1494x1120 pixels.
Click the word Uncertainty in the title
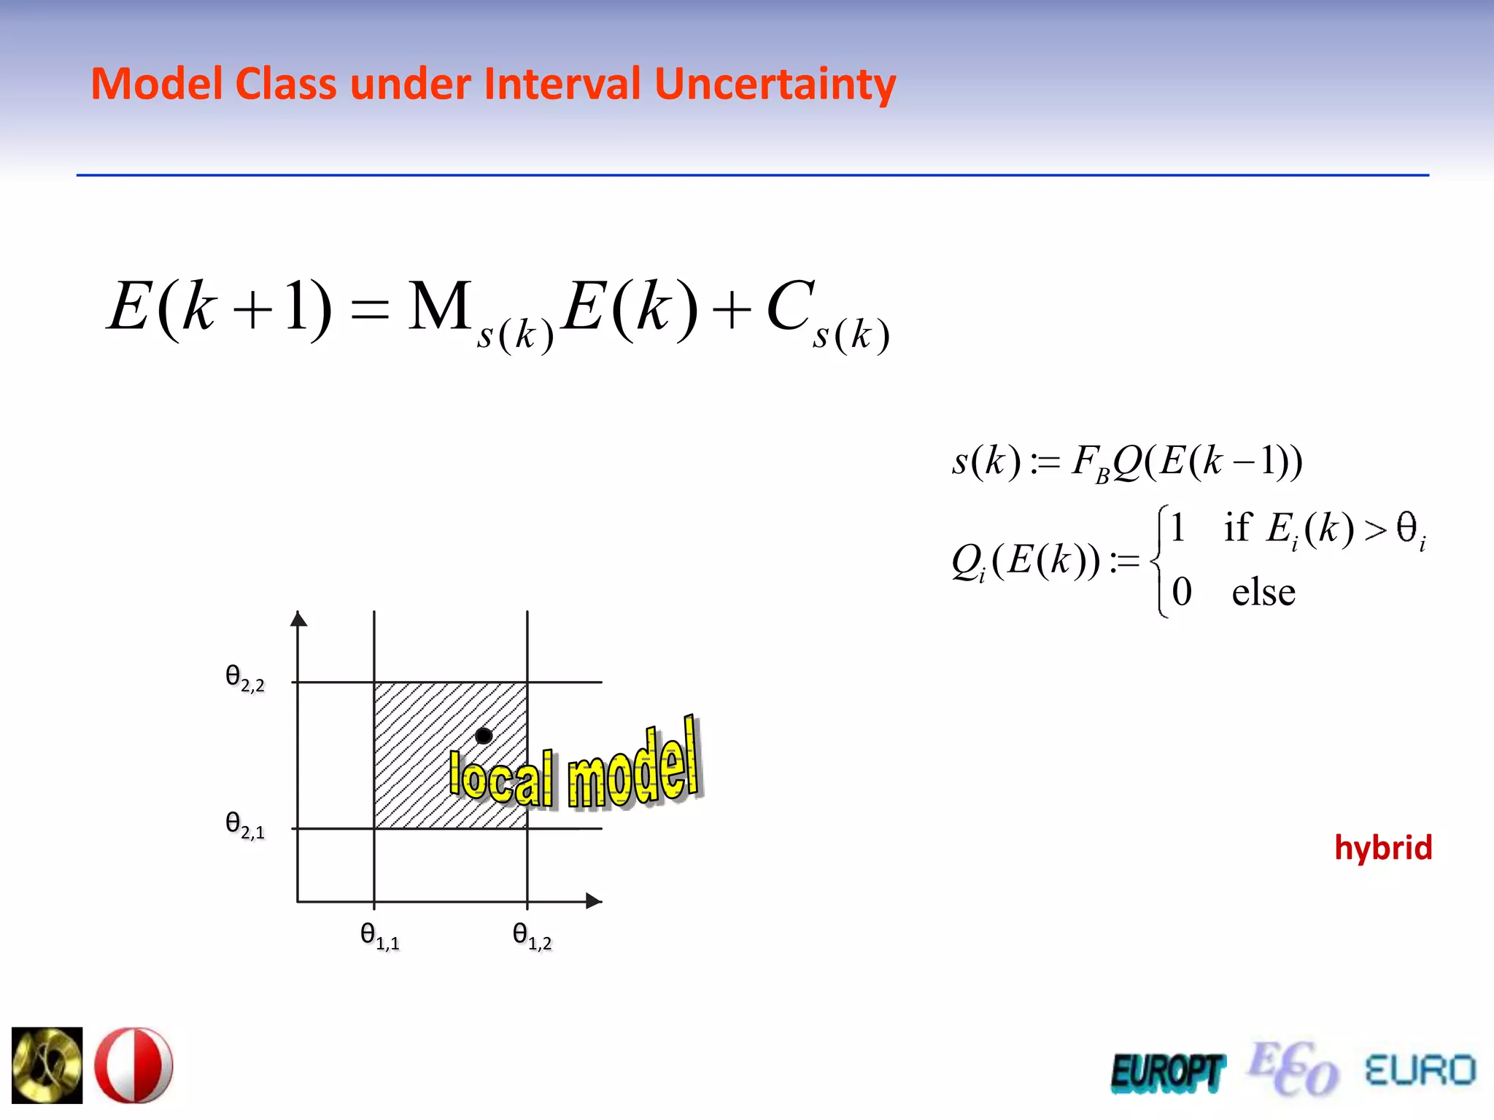pyautogui.click(x=775, y=84)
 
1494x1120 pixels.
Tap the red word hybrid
pyautogui.click(x=1382, y=847)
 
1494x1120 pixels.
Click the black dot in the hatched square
pyautogui.click(x=483, y=736)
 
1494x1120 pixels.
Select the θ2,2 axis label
pyautogui.click(x=245, y=678)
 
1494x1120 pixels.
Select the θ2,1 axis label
pyautogui.click(x=245, y=825)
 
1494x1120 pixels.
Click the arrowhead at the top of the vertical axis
pyautogui.click(x=298, y=619)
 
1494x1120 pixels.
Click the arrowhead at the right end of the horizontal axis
pyautogui.click(x=594, y=901)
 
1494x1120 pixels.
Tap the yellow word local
pyautogui.click(x=501, y=777)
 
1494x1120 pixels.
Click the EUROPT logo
pyautogui.click(x=1166, y=1072)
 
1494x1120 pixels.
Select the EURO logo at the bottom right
pyautogui.click(x=1420, y=1070)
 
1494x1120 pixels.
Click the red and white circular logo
pyautogui.click(x=134, y=1065)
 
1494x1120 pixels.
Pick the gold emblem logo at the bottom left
pyautogui.click(x=47, y=1065)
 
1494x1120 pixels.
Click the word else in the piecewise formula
pyautogui.click(x=1263, y=592)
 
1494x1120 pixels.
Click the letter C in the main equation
pyautogui.click(x=789, y=306)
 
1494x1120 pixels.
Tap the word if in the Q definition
pyautogui.click(x=1237, y=527)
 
